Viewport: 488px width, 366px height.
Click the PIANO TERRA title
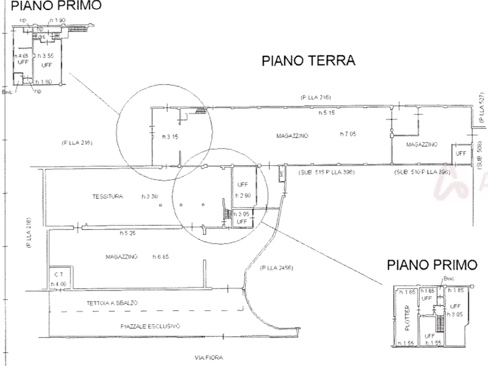[309, 61]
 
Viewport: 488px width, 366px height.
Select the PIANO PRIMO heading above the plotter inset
[432, 265]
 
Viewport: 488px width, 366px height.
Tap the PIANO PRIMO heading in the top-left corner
[56, 6]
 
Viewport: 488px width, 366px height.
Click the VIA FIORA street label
[209, 358]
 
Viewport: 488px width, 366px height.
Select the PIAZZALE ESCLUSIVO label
[151, 326]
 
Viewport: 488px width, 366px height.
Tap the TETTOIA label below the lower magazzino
[112, 302]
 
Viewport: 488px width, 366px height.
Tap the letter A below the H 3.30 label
[160, 205]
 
